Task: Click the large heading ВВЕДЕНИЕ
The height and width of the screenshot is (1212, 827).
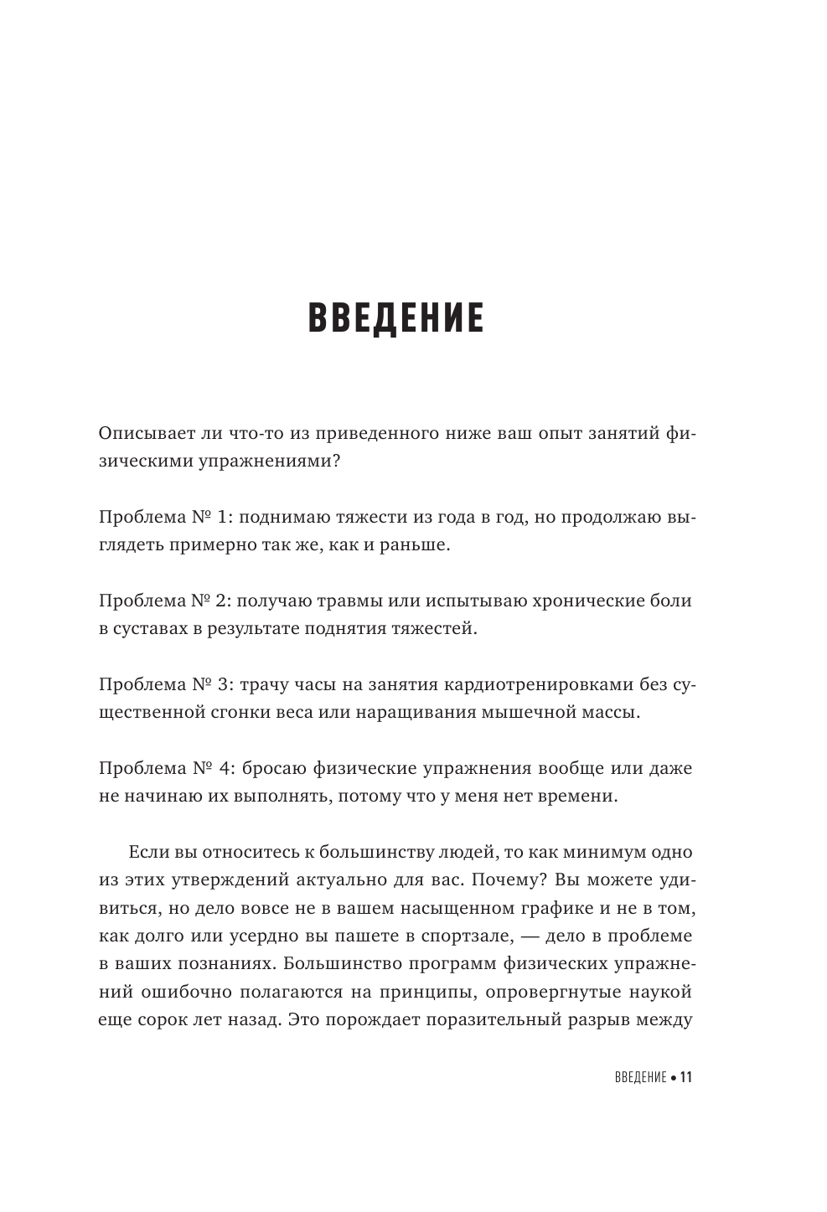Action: [x=396, y=319]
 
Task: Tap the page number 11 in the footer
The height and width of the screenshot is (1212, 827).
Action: [x=685, y=1077]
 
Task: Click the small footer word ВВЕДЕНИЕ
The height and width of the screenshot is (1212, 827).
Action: [x=633, y=1077]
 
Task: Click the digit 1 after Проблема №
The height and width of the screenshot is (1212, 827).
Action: [x=221, y=518]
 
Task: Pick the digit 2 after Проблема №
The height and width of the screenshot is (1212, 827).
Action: [x=222, y=601]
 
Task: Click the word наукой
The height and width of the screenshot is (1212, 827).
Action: [x=662, y=993]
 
